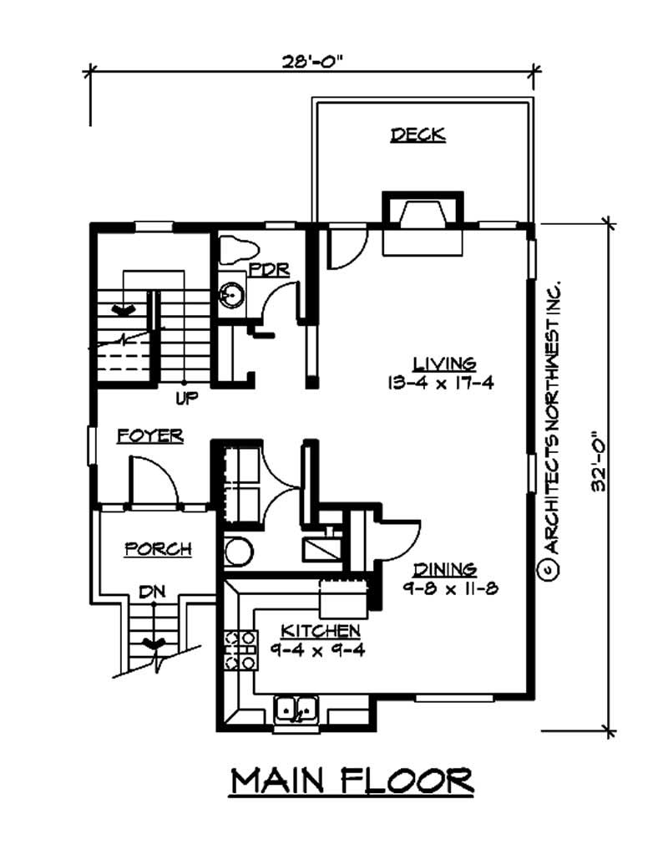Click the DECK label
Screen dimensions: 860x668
click(417, 135)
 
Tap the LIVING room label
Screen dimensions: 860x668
click(444, 364)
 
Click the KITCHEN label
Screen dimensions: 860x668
click(320, 629)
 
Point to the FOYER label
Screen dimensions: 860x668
click(149, 435)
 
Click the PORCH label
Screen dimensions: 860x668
click(158, 549)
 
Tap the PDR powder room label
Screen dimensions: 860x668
click(269, 269)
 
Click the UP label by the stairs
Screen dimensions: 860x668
click(186, 399)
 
